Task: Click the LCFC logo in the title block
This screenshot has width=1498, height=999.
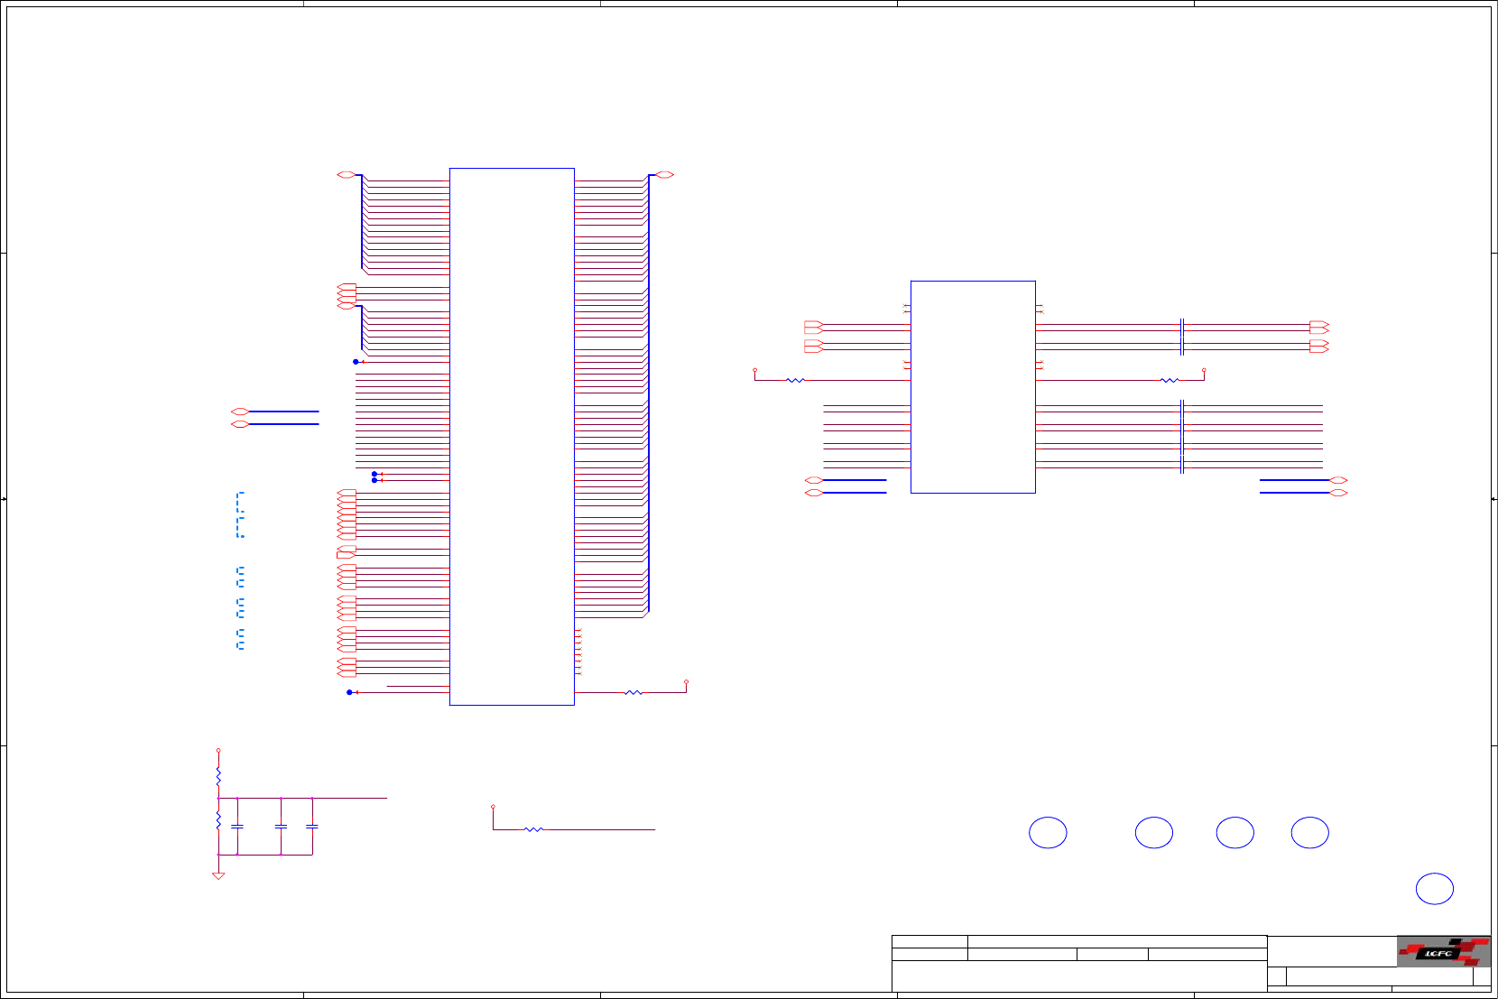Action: click(x=1442, y=952)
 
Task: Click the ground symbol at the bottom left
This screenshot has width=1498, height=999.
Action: click(x=218, y=874)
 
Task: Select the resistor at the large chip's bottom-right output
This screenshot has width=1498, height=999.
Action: click(x=633, y=692)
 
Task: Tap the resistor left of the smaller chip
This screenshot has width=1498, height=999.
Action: click(x=795, y=380)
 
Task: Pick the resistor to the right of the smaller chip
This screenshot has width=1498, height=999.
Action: click(x=1169, y=380)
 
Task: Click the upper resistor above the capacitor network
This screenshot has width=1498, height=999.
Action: click(x=218, y=775)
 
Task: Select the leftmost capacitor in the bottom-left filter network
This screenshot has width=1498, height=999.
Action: click(x=237, y=826)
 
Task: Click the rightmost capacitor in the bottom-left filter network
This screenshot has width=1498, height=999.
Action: click(x=312, y=826)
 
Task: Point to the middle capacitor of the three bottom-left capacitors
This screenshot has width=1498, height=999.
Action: click(x=281, y=826)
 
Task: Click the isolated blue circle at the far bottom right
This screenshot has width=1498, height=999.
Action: click(x=1434, y=889)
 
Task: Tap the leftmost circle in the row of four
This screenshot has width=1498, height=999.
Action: click(x=1048, y=833)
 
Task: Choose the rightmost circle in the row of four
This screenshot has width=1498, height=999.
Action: click(x=1309, y=833)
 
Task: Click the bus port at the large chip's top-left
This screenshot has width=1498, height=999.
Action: click(x=346, y=174)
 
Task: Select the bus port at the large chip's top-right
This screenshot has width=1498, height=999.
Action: click(x=665, y=174)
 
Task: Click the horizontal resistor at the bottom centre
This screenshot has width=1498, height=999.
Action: click(x=533, y=828)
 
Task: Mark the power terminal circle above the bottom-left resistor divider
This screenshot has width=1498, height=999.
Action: click(x=218, y=750)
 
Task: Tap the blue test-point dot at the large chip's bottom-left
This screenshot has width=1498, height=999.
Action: click(x=349, y=692)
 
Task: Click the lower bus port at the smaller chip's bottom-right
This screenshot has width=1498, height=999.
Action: click(x=1339, y=493)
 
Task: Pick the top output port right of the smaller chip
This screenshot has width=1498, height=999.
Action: click(x=1318, y=325)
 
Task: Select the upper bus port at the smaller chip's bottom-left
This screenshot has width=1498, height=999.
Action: click(x=813, y=480)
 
